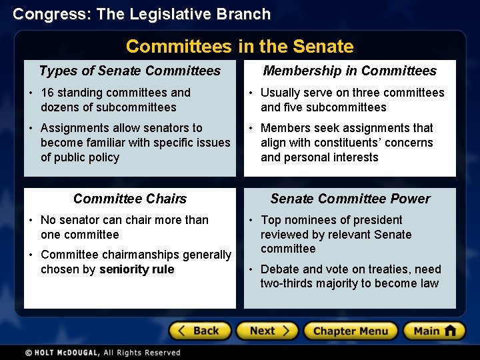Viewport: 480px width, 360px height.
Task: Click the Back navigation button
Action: click(x=199, y=331)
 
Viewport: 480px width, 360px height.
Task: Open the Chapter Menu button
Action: click(x=350, y=331)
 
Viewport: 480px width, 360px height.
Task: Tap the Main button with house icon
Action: click(x=434, y=331)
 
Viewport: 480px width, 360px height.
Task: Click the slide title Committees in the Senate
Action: click(x=239, y=47)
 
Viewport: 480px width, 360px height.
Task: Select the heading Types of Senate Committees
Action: click(x=130, y=71)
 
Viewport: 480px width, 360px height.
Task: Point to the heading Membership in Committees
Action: click(x=349, y=71)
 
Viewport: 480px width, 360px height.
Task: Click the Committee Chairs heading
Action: click(x=130, y=199)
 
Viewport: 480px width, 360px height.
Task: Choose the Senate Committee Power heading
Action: click(x=349, y=199)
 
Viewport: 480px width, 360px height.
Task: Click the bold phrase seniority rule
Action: click(x=137, y=269)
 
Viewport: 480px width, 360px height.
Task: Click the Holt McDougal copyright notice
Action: click(x=103, y=353)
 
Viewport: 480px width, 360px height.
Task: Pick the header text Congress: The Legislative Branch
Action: click(x=142, y=14)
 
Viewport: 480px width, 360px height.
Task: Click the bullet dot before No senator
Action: click(x=31, y=220)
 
